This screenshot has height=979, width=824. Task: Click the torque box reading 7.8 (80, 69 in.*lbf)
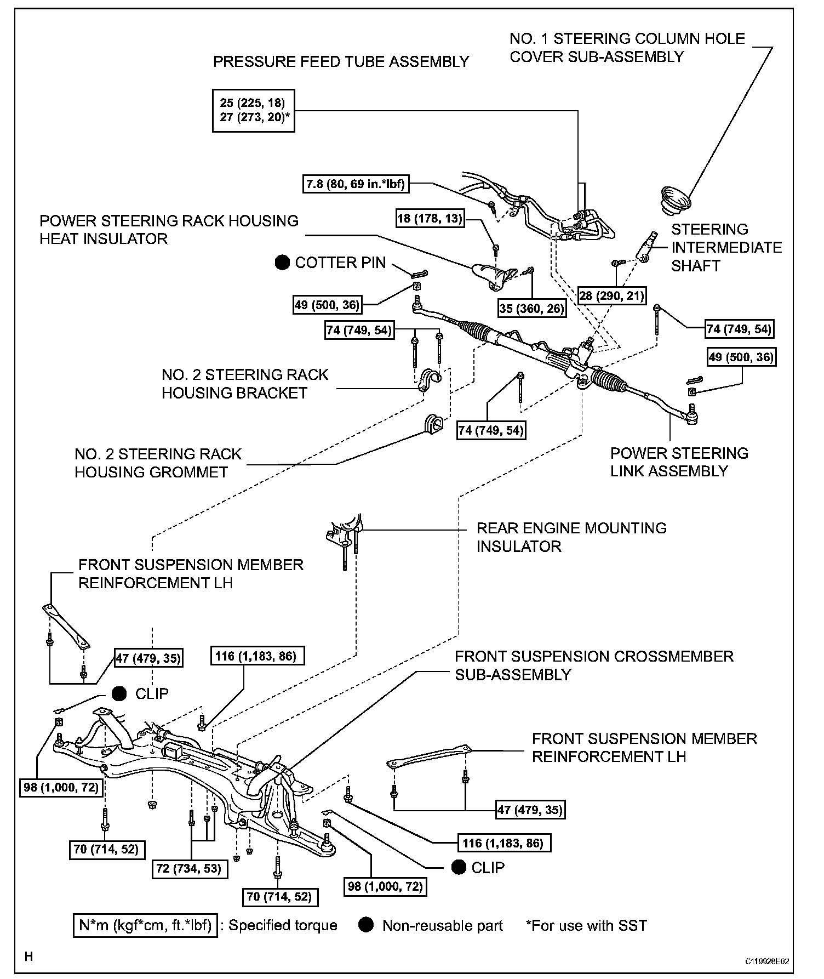(356, 184)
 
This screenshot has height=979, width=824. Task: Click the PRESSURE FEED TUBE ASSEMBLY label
(341, 62)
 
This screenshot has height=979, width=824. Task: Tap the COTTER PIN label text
(340, 263)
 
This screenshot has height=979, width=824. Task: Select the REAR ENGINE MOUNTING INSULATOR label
(571, 537)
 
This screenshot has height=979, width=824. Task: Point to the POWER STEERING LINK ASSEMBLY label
(679, 462)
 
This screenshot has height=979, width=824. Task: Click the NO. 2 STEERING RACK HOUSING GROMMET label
(158, 463)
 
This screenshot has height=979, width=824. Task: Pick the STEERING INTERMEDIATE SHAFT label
(726, 247)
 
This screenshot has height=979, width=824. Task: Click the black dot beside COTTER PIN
(282, 263)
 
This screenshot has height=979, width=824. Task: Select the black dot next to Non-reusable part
(366, 925)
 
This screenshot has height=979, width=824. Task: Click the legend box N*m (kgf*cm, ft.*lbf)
(145, 925)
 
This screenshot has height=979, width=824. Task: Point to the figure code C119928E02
(766, 961)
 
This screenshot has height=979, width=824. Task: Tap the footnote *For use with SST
(586, 925)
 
